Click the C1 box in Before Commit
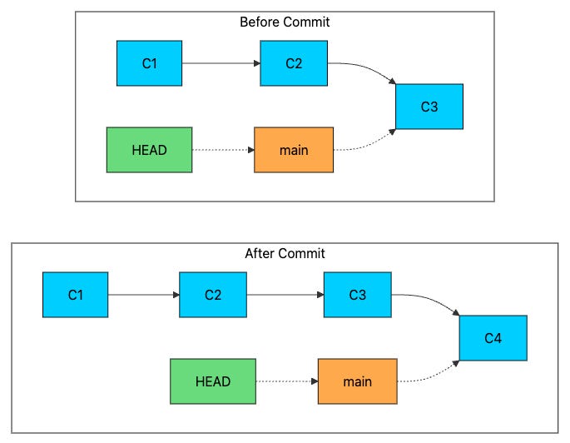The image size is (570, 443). pyautogui.click(x=149, y=63)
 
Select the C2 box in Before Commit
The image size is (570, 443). pyautogui.click(x=293, y=63)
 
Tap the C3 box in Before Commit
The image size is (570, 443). pyautogui.click(x=429, y=106)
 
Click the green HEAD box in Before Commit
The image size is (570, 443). pyautogui.click(x=149, y=150)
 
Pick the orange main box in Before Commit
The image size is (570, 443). pyautogui.click(x=293, y=150)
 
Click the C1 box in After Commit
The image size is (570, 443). pyautogui.click(x=75, y=295)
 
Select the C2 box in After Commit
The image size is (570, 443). pyautogui.click(x=212, y=295)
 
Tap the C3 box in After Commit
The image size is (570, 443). pyautogui.click(x=357, y=295)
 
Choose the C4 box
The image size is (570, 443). pyautogui.click(x=493, y=338)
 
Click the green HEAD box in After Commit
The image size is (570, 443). pyautogui.click(x=212, y=381)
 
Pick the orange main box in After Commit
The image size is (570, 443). pyautogui.click(x=357, y=381)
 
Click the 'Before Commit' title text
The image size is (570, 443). pyautogui.click(x=285, y=22)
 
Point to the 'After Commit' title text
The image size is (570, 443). pyautogui.click(x=285, y=253)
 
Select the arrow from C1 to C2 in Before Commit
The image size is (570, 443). pyautogui.click(x=221, y=63)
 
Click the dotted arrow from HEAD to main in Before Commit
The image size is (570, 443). pyautogui.click(x=222, y=150)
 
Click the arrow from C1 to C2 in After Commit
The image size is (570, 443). pyautogui.click(x=143, y=295)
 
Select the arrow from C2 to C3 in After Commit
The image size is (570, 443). pyautogui.click(x=285, y=295)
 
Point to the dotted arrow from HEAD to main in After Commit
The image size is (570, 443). pyautogui.click(x=285, y=381)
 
